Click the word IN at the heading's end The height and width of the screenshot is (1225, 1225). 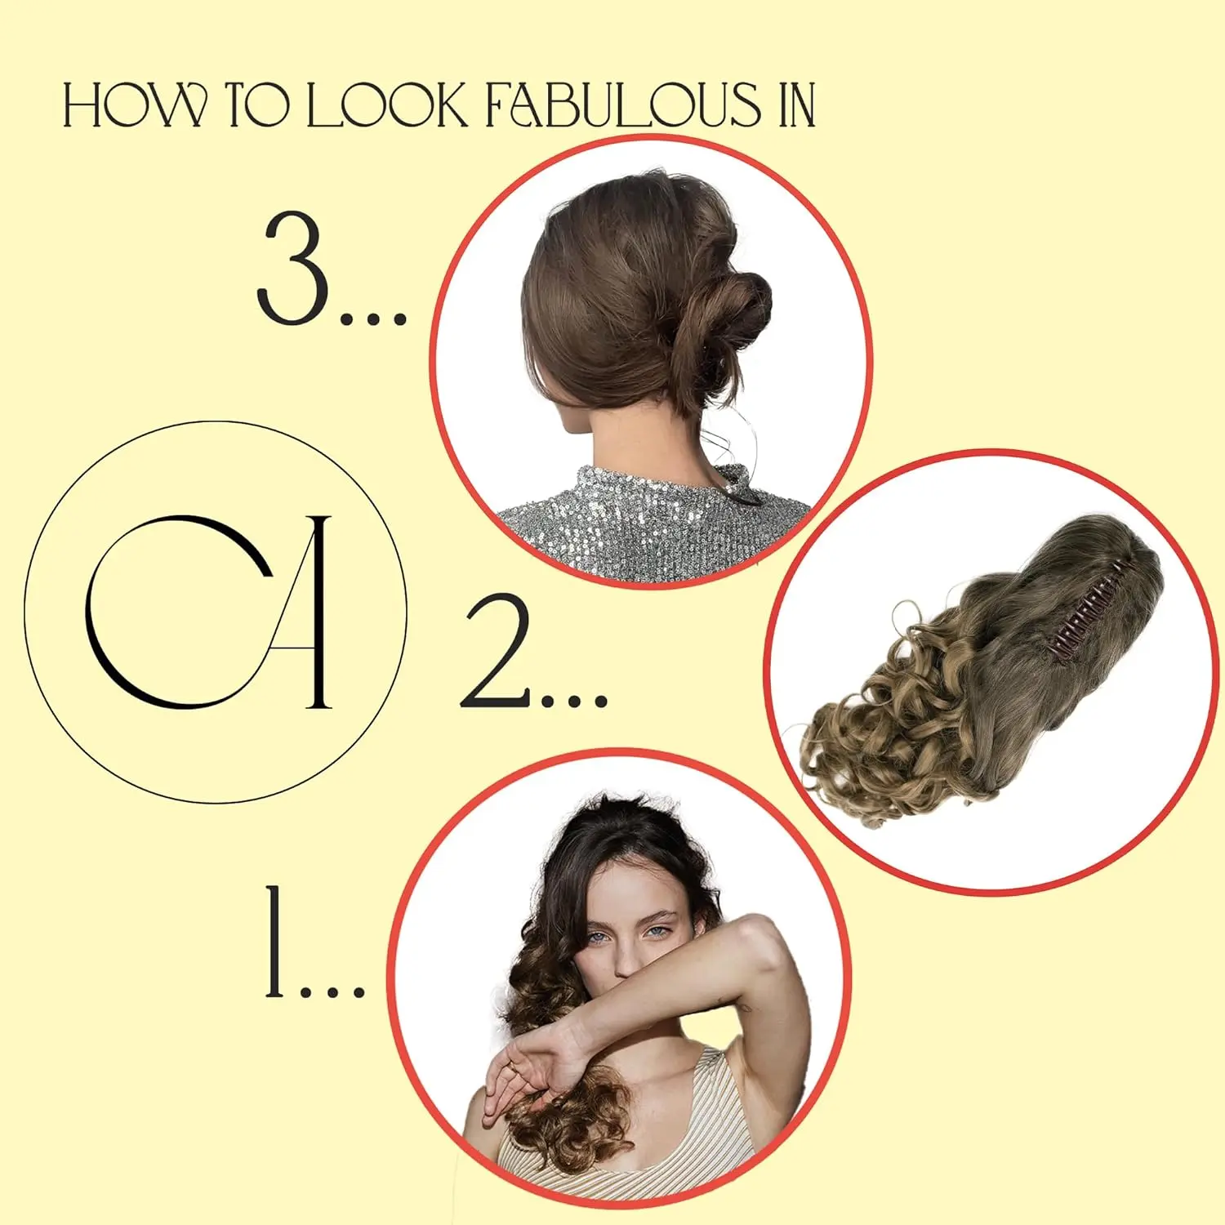pyautogui.click(x=796, y=106)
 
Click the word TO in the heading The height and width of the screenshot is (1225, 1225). pyautogui.click(x=256, y=106)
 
